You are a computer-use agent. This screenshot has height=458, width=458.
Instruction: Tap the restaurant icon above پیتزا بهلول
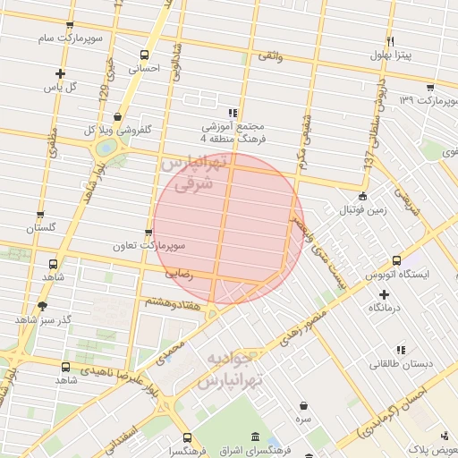click(x=390, y=42)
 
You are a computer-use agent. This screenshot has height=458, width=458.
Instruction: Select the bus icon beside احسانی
click(x=145, y=55)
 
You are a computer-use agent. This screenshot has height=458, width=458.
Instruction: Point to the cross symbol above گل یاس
click(x=60, y=74)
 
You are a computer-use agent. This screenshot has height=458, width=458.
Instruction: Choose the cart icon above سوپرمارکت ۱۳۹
click(x=431, y=87)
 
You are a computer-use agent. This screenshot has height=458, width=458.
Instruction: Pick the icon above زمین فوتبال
click(x=361, y=196)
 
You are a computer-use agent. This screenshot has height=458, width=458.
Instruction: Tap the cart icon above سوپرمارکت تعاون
click(x=148, y=232)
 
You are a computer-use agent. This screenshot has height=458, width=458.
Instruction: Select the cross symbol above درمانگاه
click(x=385, y=293)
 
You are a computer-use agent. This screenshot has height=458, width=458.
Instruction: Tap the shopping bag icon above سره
click(x=304, y=405)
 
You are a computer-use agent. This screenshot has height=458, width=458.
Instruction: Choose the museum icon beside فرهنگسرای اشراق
click(x=257, y=437)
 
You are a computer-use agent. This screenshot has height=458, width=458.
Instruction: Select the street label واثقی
click(x=269, y=55)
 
